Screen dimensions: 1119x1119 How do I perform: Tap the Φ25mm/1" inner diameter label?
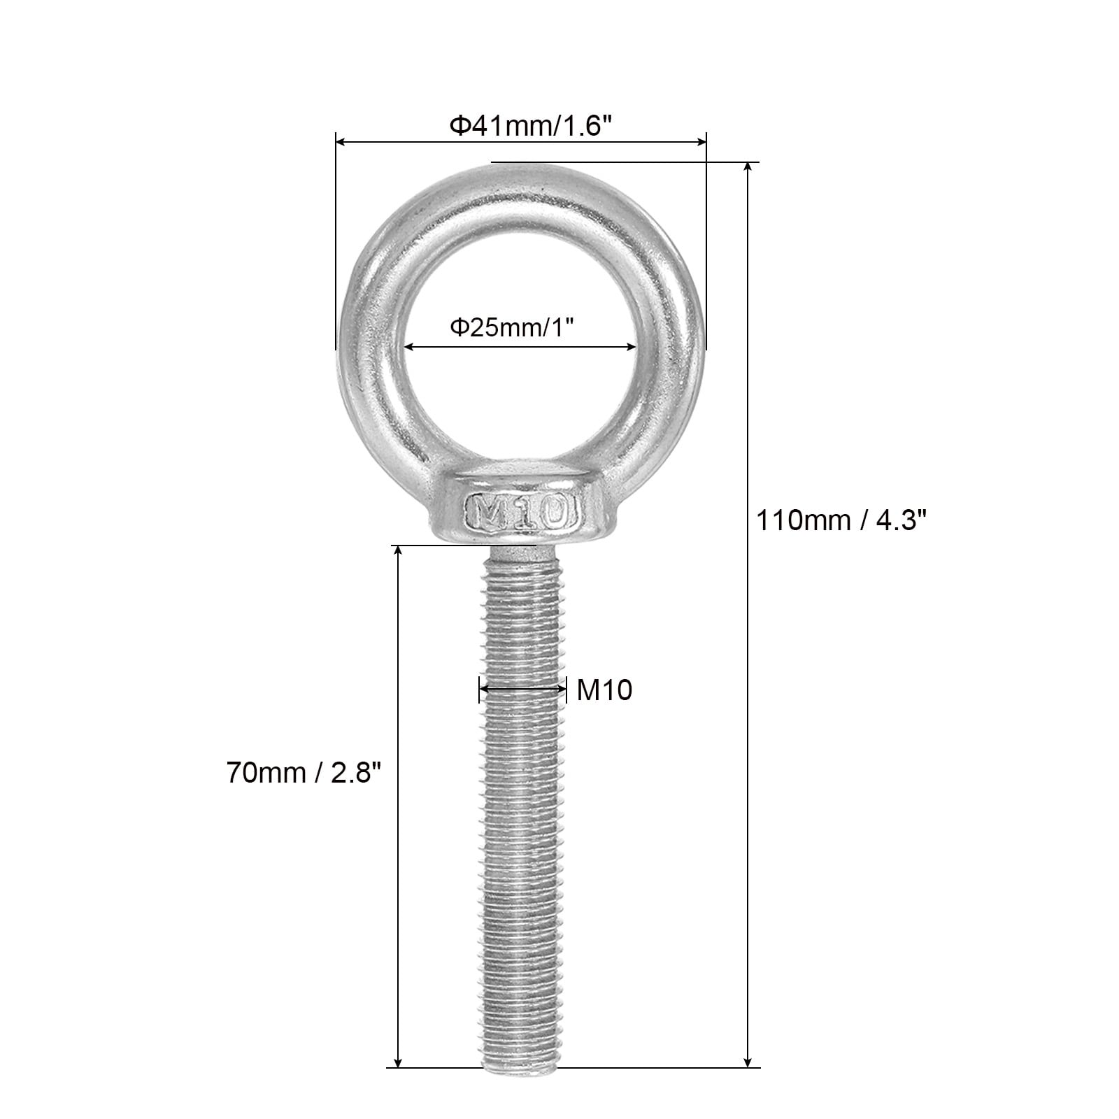[x=516, y=327]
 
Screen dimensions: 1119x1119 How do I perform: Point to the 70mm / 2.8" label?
[x=304, y=773]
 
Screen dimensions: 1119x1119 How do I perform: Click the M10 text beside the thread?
[x=604, y=690]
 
